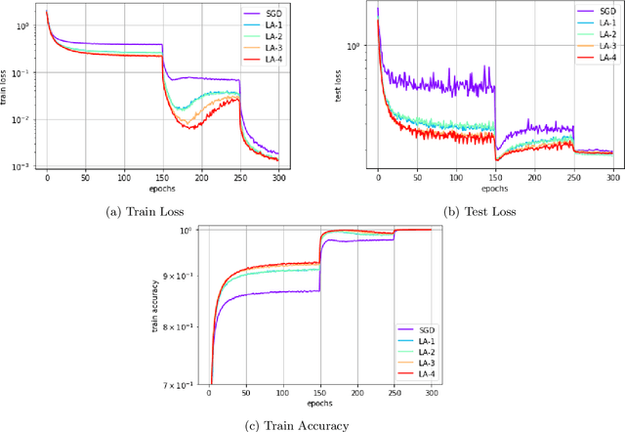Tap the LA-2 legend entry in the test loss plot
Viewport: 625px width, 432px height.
[x=602, y=34]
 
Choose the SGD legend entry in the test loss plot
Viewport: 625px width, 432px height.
[x=602, y=11]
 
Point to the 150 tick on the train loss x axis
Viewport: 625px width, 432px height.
[x=162, y=178]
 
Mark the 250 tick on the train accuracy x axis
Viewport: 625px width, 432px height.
[x=394, y=393]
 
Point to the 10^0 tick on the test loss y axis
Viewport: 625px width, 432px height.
[x=354, y=46]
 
